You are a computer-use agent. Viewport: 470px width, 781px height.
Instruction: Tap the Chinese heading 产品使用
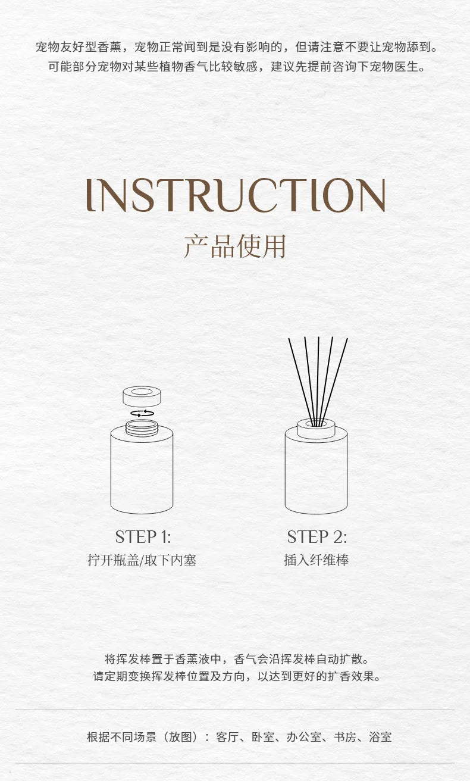pyautogui.click(x=235, y=246)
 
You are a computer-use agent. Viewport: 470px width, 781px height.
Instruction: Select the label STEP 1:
pyautogui.click(x=143, y=536)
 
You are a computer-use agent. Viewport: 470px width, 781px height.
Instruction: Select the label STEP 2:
pyautogui.click(x=317, y=536)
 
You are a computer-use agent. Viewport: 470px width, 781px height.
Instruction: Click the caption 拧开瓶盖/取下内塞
pyautogui.click(x=142, y=560)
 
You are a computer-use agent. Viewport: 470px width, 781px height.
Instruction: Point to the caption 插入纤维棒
pyautogui.click(x=317, y=560)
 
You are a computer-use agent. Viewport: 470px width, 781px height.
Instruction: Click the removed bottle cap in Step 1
pyautogui.click(x=142, y=396)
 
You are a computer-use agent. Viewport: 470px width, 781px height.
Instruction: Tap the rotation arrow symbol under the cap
pyautogui.click(x=142, y=414)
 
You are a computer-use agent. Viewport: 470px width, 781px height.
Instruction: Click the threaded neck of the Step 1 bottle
pyautogui.click(x=142, y=428)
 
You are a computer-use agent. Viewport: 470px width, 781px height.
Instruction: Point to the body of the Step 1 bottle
pyautogui.click(x=142, y=471)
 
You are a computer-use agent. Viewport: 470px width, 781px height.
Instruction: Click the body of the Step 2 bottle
pyautogui.click(x=316, y=473)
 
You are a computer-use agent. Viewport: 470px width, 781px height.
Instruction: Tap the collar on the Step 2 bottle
pyautogui.click(x=316, y=429)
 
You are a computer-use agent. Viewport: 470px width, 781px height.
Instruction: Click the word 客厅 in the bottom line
pyautogui.click(x=227, y=737)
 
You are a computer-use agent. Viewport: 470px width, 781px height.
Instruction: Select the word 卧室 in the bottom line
pyautogui.click(x=263, y=737)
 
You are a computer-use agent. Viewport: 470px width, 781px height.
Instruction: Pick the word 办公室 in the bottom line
pyautogui.click(x=304, y=737)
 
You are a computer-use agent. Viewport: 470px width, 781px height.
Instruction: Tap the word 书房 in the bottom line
pyautogui.click(x=345, y=737)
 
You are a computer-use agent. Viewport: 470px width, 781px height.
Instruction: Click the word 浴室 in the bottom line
pyautogui.click(x=380, y=737)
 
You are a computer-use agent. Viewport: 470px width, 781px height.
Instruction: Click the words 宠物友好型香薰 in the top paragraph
pyautogui.click(x=79, y=46)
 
